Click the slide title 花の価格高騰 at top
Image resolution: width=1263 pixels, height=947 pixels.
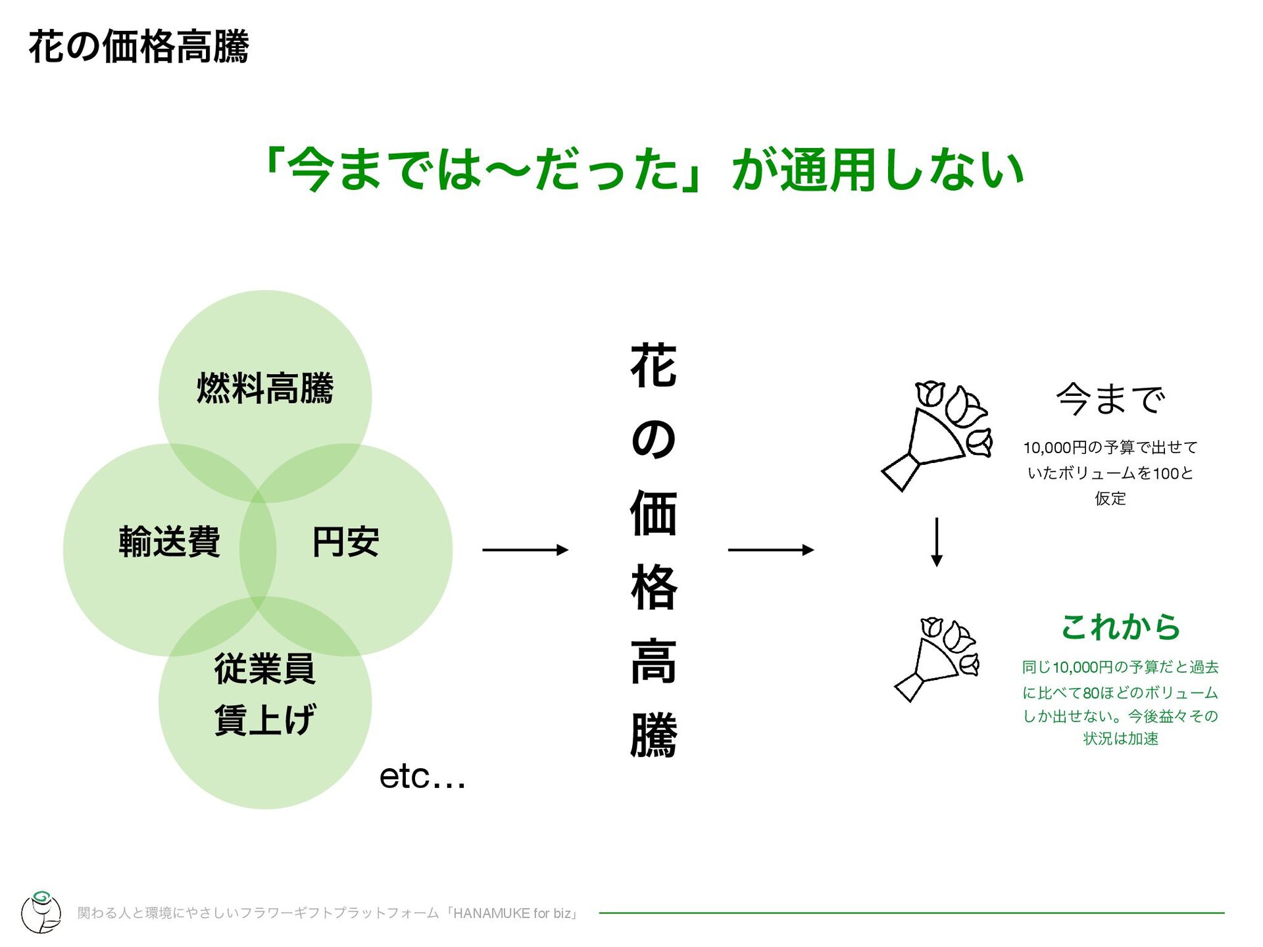pyautogui.click(x=139, y=47)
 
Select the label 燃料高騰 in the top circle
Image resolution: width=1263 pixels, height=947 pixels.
pyautogui.click(x=265, y=387)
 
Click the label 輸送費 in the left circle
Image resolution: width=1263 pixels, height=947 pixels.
pyautogui.click(x=169, y=542)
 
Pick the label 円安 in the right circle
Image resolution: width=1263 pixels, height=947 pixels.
pyautogui.click(x=345, y=542)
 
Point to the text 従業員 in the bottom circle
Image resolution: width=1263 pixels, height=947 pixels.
pyautogui.click(x=264, y=669)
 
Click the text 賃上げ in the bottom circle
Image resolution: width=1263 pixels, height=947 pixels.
pyautogui.click(x=264, y=719)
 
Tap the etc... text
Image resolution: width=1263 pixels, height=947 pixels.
pyautogui.click(x=422, y=777)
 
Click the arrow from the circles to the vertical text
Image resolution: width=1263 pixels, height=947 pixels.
pyautogui.click(x=525, y=550)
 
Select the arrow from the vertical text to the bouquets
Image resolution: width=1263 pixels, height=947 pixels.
pyautogui.click(x=770, y=550)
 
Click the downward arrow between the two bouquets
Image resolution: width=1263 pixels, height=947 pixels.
pyautogui.click(x=937, y=542)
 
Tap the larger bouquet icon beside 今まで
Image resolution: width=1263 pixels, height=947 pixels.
pyautogui.click(x=937, y=434)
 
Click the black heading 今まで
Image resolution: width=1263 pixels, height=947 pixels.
pyautogui.click(x=1110, y=399)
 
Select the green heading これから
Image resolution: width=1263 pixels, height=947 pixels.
pyautogui.click(x=1120, y=627)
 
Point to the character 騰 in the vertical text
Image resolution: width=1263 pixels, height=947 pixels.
pyautogui.click(x=653, y=735)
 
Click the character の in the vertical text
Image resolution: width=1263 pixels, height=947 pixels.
pyautogui.click(x=653, y=439)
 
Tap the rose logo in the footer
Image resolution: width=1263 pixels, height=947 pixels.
pyautogui.click(x=41, y=911)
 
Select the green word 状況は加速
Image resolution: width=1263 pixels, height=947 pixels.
pyautogui.click(x=1120, y=739)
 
